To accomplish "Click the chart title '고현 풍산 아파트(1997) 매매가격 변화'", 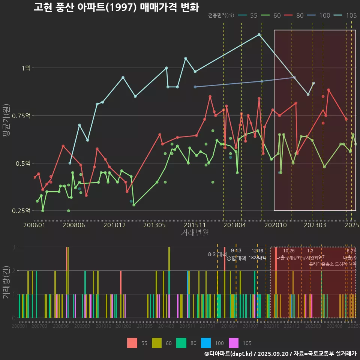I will point(116,7).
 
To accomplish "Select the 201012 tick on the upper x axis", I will point(114,225).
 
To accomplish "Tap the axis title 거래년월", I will point(195,232).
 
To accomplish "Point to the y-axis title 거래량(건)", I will point(6,282).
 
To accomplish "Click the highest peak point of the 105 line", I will point(259,34).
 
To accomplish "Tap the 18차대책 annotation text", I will point(257,258).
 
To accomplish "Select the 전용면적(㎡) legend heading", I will point(221,15).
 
